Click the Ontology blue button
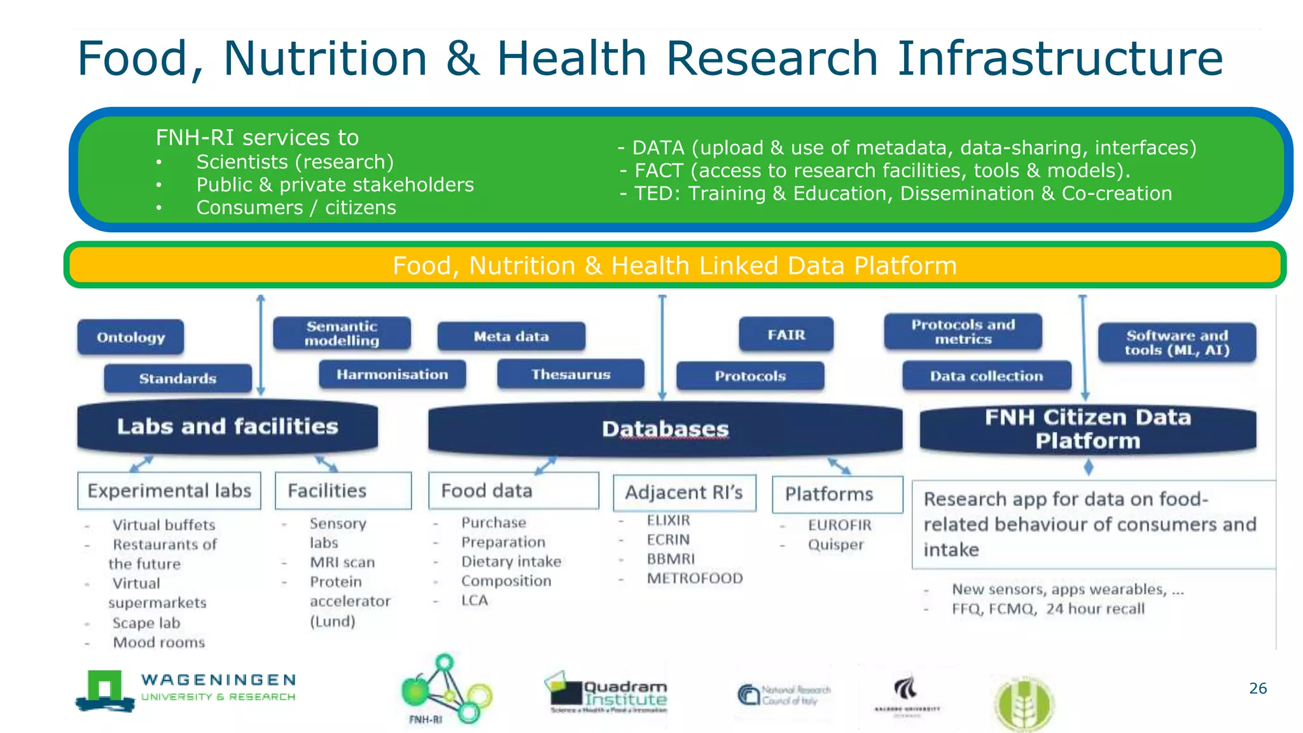130,337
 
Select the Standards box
178,379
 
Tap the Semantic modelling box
342,333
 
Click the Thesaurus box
570,374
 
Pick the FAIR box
786,335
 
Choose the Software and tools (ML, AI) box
1176,342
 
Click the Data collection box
986,376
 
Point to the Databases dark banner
665,429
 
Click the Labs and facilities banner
227,426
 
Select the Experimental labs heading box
169,491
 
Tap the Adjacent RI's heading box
684,492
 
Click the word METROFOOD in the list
694,578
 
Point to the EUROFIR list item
839,525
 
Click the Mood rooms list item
158,643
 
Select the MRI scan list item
342,562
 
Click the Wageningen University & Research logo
186,690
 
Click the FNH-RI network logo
445,689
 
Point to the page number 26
1257,688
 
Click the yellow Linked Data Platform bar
674,265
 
